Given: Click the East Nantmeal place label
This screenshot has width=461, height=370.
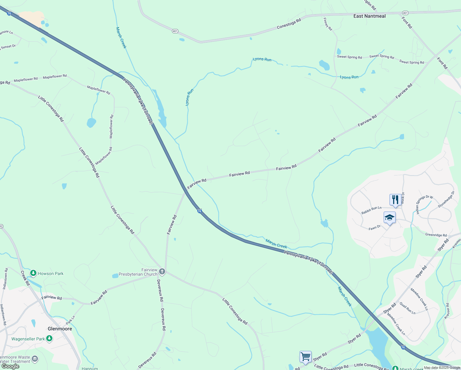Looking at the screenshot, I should coord(369,16).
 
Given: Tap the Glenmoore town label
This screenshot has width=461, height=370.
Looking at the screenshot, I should coord(60,329).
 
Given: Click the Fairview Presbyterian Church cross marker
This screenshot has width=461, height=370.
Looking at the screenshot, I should coord(162,272).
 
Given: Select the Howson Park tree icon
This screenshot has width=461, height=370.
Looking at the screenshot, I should coord(33,273).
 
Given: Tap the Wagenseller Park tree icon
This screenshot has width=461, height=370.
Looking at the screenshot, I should coord(49,339).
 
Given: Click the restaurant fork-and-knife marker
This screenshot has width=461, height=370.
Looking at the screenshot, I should coord(395,199).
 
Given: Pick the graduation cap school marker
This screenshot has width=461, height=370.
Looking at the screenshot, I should coord(390,217).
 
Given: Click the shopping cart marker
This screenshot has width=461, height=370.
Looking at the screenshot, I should coord(305,357).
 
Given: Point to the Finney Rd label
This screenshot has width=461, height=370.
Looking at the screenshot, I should coord(328,24).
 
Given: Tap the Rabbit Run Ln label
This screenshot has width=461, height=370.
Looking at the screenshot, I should coord(371,210).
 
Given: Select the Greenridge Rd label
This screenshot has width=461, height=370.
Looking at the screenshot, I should coord(436,235).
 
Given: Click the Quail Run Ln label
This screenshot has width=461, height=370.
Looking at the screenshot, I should coord(407,308).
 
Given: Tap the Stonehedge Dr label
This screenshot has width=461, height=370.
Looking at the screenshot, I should coord(446,199).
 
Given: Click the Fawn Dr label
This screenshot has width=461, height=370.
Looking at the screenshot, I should coord(374,228).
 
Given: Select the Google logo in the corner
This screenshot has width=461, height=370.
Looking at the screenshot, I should coord(10,366).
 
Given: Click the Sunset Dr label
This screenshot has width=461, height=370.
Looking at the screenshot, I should coord(8,47).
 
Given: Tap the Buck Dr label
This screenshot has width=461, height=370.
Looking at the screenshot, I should coord(403,198).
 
